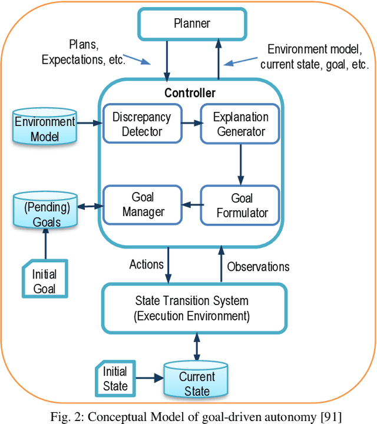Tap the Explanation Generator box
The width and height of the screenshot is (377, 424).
point(240,124)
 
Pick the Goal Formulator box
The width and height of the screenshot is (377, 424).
point(240,205)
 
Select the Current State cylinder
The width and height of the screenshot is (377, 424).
point(197,383)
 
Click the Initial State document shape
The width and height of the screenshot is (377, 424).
point(115,379)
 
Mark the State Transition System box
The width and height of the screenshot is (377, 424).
point(193,310)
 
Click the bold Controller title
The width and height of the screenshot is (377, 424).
point(190,93)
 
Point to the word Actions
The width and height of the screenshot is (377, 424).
point(146,264)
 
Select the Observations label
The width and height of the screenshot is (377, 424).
point(258,266)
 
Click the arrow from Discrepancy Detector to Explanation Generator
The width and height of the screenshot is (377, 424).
point(190,124)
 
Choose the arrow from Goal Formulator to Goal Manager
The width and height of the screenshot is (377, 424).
point(190,204)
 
